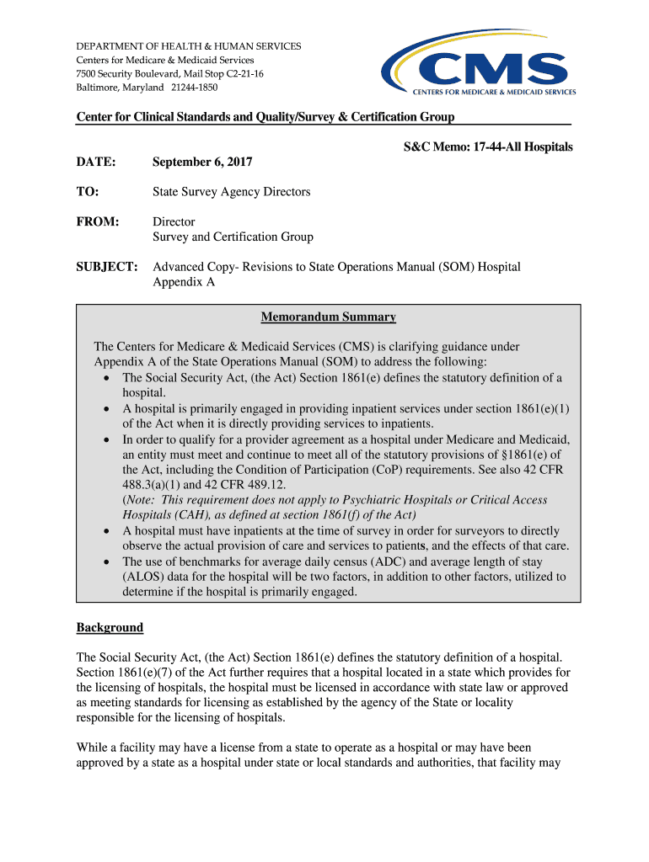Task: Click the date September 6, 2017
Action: point(202,162)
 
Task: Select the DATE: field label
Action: point(96,162)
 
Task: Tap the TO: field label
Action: point(88,192)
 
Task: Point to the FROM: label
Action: point(98,222)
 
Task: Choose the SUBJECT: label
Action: point(107,267)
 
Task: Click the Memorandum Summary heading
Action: point(328,317)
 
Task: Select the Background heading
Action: point(110,627)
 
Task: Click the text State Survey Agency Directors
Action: point(231,192)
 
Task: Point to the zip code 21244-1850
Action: point(194,88)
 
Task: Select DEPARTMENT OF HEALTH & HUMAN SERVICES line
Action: point(189,46)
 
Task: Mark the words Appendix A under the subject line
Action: point(184,282)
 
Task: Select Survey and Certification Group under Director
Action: point(233,237)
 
